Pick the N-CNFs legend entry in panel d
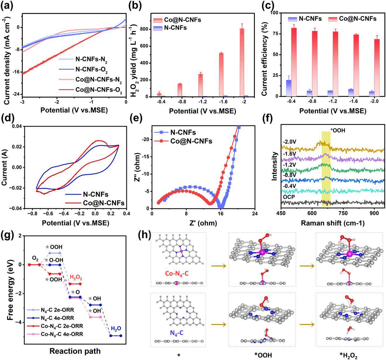(x=95, y=194)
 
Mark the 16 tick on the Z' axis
(x=220, y=214)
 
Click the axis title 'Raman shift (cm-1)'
(x=332, y=223)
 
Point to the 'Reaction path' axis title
(x=75, y=351)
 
